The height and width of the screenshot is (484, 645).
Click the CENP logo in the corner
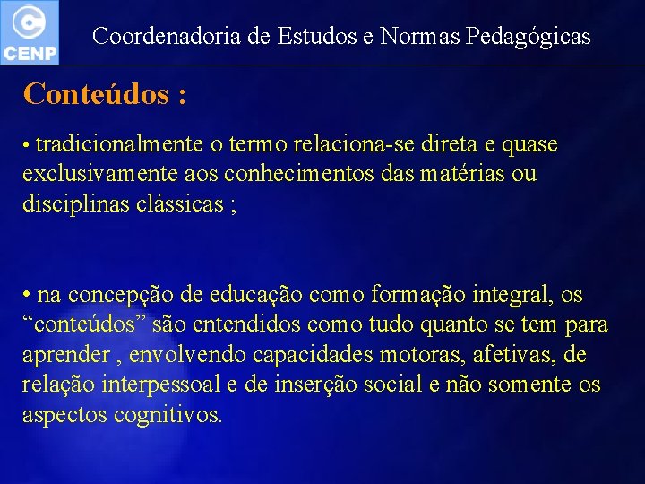[x=30, y=31]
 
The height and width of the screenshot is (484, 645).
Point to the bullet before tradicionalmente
[x=28, y=145]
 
